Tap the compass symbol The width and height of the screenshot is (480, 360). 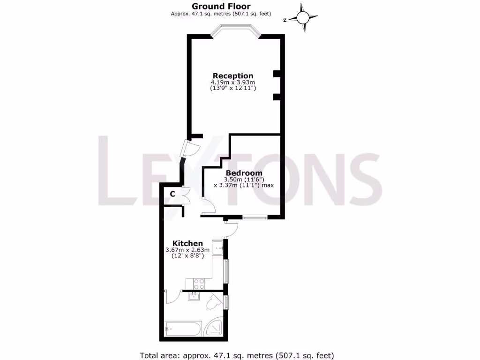[x=302, y=18]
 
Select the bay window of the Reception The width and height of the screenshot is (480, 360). [x=235, y=31]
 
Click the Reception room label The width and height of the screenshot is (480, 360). [x=233, y=75]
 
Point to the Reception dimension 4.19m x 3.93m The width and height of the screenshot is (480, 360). [x=233, y=82]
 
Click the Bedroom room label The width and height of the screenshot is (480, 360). [x=244, y=173]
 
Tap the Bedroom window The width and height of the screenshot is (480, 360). [x=255, y=217]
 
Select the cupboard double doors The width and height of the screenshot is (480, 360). [x=186, y=195]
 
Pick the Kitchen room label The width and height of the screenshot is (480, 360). [x=187, y=243]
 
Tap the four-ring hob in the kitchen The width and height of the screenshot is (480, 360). [x=199, y=283]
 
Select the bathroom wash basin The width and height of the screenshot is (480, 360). [x=194, y=296]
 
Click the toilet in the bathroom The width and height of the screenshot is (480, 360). [x=213, y=302]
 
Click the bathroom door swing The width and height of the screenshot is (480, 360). [x=173, y=298]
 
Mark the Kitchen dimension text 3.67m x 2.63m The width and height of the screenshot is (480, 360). [x=187, y=250]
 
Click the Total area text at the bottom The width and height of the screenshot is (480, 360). [x=237, y=355]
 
